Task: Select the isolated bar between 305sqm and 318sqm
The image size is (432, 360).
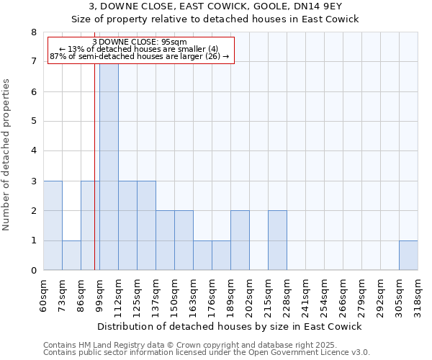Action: coord(408,256)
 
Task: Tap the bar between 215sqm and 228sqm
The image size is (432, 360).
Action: coord(277,240)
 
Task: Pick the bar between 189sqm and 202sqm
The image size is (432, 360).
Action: coord(240,240)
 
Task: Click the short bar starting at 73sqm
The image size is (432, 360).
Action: coord(71,256)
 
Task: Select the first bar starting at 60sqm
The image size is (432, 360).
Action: coord(53,225)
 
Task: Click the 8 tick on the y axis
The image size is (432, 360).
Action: coord(33,32)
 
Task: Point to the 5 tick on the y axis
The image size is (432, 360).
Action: coord(33,122)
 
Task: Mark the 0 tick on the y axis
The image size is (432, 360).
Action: coord(33,271)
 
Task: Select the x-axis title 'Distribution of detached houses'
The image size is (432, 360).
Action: coord(229,326)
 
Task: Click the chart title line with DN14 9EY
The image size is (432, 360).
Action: coord(215,6)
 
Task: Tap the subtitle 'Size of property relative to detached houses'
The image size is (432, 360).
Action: coord(215,19)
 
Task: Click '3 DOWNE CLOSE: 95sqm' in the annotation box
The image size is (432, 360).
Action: coord(140,42)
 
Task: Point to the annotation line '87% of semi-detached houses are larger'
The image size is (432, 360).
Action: coord(140,56)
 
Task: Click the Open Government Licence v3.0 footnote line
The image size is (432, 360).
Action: coord(207,353)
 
